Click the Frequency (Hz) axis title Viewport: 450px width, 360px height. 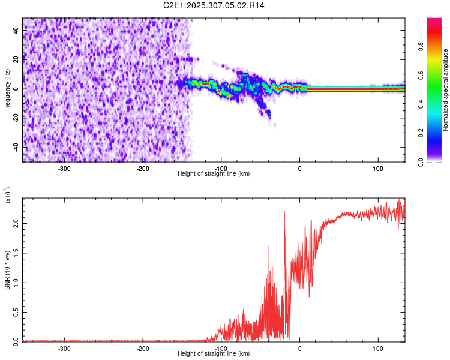coord(7,90)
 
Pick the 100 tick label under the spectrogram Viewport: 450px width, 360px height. coord(378,168)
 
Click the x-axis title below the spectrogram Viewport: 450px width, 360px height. coord(214,174)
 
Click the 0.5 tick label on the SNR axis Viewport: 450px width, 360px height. coord(15,311)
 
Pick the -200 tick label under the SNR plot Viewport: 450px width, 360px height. coord(143,348)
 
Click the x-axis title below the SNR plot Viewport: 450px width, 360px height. coord(214,354)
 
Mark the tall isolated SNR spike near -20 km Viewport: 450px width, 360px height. coord(284,212)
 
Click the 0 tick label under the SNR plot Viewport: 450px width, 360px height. coord(300,348)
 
